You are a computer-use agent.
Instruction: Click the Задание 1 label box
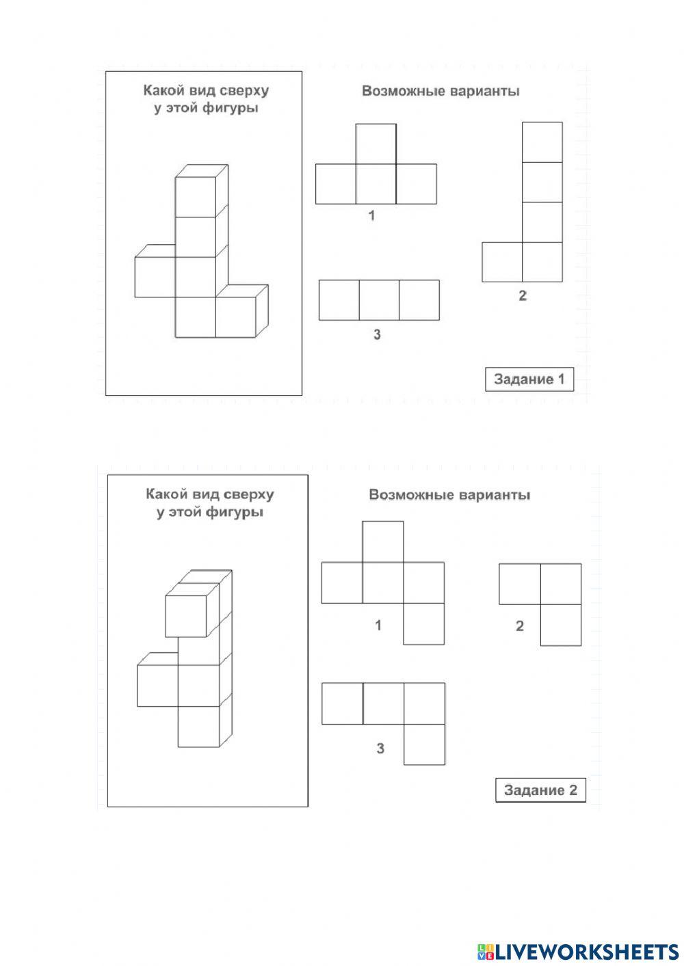[x=529, y=379]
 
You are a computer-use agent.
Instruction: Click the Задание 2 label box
[x=540, y=790]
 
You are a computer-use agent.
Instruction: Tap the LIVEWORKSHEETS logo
[x=578, y=951]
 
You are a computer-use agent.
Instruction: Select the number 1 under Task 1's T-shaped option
[x=371, y=216]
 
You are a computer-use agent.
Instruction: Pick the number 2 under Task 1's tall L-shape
[x=523, y=296]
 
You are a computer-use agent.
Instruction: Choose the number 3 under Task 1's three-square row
[x=377, y=335]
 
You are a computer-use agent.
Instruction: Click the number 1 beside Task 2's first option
[x=378, y=625]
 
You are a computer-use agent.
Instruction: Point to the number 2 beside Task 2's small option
[x=520, y=626]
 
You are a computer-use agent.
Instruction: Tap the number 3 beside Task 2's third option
[x=380, y=749]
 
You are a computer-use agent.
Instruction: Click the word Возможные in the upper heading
[x=402, y=91]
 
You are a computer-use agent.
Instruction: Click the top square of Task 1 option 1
[x=376, y=144]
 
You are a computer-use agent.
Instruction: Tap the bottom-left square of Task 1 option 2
[x=502, y=262]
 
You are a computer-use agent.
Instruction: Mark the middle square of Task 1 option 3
[x=379, y=300]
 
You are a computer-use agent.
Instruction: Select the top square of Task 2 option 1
[x=382, y=541]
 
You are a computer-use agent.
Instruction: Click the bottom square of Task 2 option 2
[x=561, y=625]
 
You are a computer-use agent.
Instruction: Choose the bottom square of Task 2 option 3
[x=424, y=744]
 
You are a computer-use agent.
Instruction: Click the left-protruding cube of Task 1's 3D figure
[x=155, y=277]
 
